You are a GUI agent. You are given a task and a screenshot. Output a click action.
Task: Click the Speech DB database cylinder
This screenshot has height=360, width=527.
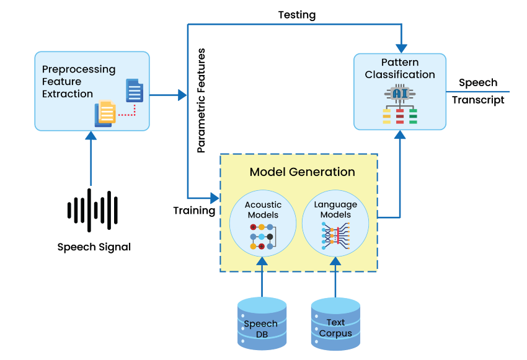point(262,323)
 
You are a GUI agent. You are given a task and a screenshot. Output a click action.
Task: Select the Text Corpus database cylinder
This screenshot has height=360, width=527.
point(335,323)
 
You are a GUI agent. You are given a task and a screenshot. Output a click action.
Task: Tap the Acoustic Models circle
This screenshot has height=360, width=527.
point(263,224)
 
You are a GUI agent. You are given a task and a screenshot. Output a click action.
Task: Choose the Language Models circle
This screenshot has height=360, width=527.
point(335,224)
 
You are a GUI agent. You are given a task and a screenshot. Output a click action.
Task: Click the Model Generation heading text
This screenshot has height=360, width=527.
point(302,172)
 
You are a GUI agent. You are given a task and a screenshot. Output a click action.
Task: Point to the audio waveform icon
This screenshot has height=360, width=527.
point(93,209)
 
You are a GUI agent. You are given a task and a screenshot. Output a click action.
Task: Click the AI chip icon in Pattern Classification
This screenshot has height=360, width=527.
point(399,94)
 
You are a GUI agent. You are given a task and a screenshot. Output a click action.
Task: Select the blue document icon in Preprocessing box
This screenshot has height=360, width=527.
point(134,90)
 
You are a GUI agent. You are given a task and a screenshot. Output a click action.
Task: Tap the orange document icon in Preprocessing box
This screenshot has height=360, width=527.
point(106,113)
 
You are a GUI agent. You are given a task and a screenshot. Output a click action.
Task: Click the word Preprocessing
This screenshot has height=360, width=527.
point(79,69)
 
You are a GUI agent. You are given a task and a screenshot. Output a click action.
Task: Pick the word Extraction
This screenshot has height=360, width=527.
point(68,94)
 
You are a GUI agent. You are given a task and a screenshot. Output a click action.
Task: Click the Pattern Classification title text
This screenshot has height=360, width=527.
point(400,69)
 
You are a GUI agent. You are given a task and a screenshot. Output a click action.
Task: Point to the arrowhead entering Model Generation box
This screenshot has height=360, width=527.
point(215,198)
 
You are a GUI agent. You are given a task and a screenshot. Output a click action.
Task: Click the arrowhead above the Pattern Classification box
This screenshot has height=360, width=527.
point(402,48)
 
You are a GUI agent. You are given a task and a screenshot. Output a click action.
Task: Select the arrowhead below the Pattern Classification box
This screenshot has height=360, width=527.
point(401,134)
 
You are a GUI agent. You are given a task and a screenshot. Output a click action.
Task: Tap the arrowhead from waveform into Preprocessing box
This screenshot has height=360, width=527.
point(91,136)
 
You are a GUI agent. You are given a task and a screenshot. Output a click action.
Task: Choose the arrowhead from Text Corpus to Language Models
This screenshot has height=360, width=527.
point(335,261)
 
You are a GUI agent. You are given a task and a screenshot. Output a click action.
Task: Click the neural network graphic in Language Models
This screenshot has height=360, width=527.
point(335,237)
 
